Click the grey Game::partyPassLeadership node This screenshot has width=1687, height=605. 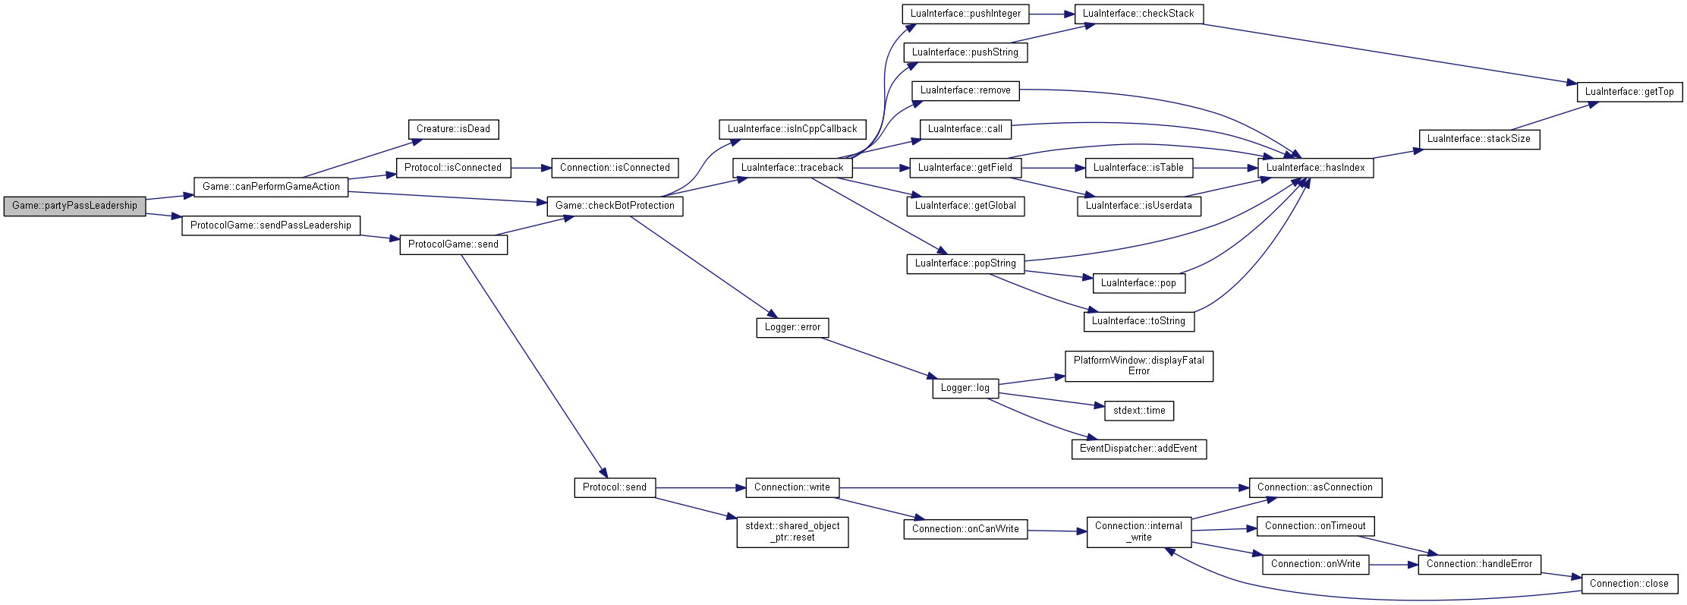coord(74,206)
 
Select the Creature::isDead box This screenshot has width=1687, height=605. coord(453,129)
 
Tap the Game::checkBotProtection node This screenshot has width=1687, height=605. coord(615,206)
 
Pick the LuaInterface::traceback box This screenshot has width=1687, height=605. coord(792,168)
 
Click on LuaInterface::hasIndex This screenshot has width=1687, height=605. coord(1315,168)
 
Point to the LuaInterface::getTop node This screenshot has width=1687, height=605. coord(1629,92)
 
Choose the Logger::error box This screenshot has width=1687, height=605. coord(792,327)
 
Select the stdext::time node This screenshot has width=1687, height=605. coord(1139,411)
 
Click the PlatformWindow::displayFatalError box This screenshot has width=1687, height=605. coord(1138,366)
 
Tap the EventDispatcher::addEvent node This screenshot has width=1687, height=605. coord(1138,449)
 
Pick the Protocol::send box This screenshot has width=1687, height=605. coord(615,487)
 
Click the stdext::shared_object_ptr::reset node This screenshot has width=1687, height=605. coord(792,531)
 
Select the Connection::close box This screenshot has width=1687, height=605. coord(1629,584)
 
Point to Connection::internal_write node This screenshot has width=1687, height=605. coord(1138,531)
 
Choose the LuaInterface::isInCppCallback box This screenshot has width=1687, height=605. coord(792,129)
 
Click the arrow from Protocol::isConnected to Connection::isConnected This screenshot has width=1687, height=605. coord(531,168)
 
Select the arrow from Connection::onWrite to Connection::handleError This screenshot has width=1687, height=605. coord(1393,565)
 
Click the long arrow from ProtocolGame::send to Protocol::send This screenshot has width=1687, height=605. coord(533,366)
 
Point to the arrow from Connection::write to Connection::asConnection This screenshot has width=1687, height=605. coord(1044,487)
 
